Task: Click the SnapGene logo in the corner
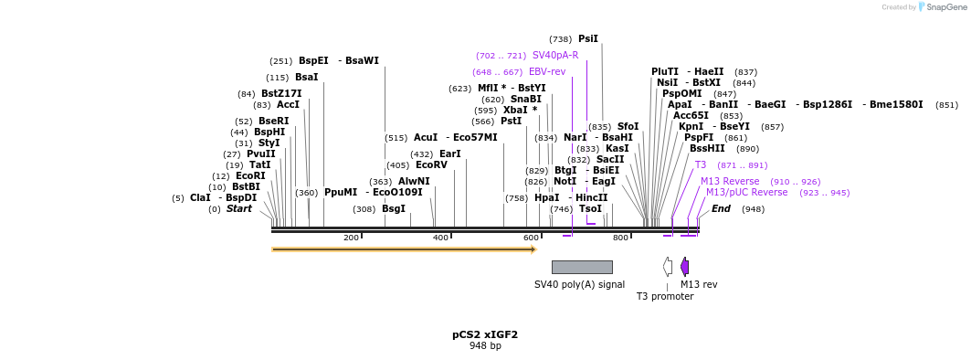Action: point(941,7)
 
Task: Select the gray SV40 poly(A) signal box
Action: point(582,267)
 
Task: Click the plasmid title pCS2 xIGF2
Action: point(484,334)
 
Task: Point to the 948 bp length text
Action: point(484,346)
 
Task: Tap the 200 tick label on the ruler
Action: point(351,238)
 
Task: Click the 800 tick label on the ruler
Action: point(620,238)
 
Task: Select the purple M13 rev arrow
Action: point(684,267)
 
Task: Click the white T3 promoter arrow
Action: point(668,267)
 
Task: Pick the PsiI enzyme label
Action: point(587,39)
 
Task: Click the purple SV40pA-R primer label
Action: point(554,56)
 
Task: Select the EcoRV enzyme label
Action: point(431,165)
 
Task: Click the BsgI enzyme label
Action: point(393,209)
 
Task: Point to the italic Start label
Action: point(238,209)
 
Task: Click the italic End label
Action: point(721,209)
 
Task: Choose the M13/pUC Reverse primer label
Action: point(745,193)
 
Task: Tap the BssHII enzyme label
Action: point(706,149)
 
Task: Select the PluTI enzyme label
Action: point(664,72)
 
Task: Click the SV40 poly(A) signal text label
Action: point(579,284)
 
